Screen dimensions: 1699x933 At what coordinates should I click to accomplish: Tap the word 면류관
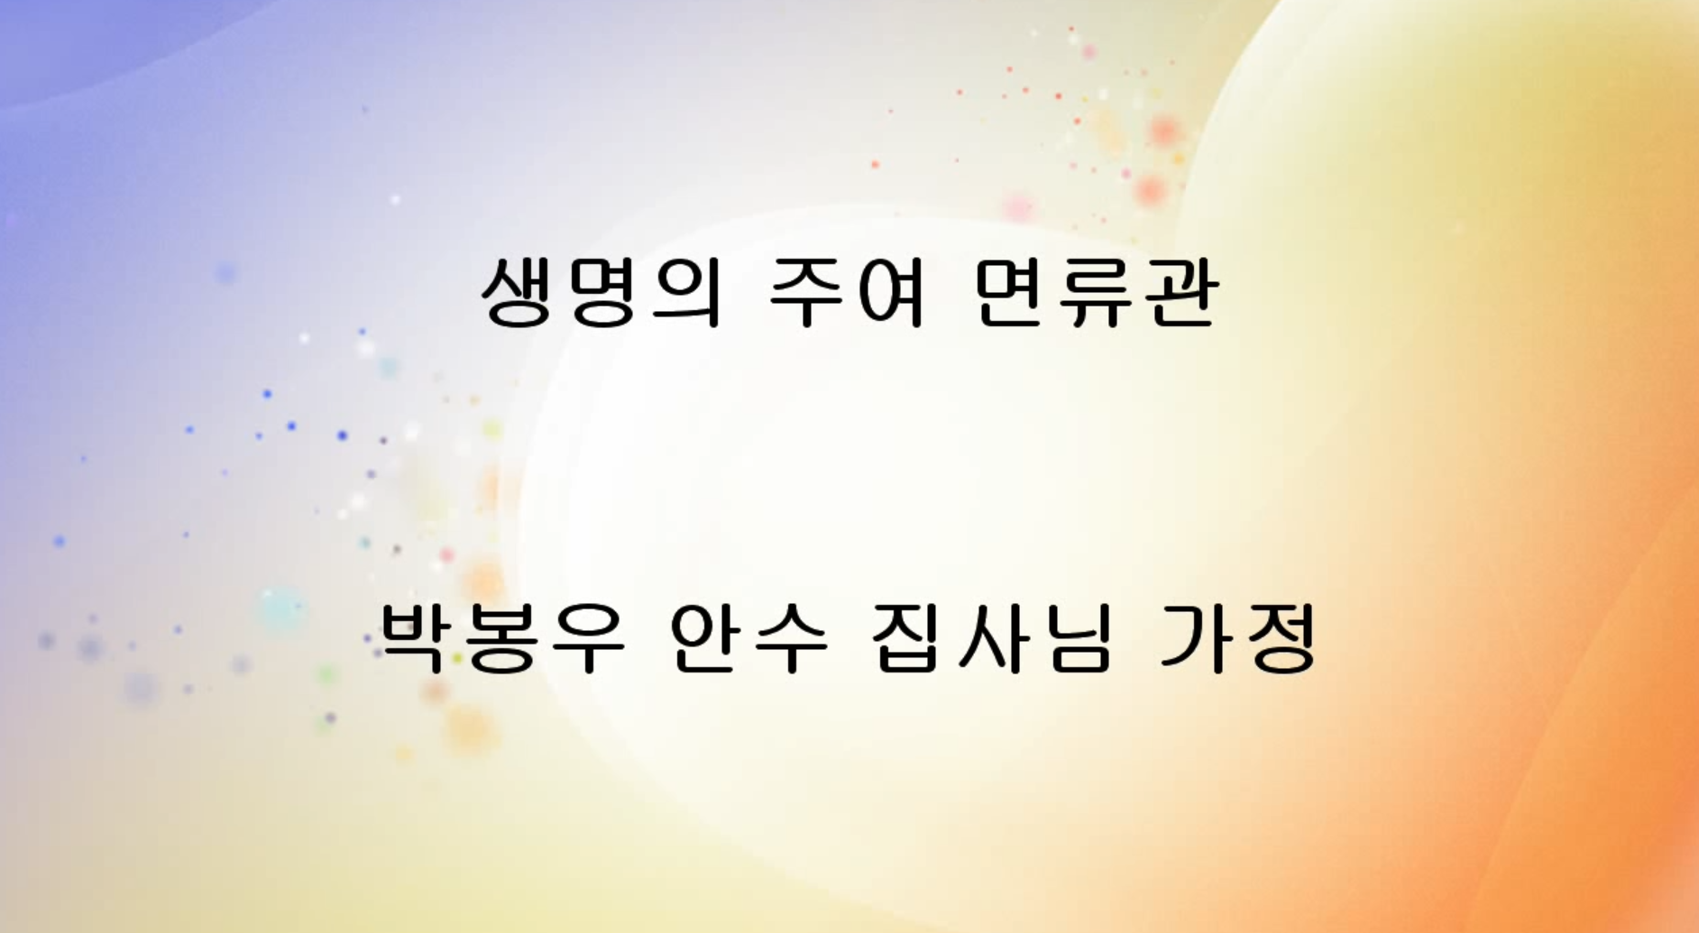click(1097, 292)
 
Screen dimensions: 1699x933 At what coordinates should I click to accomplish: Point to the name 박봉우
click(501, 639)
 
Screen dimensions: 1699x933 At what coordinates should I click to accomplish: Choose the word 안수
click(748, 639)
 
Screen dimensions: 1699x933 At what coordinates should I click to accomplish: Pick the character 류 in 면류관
click(1097, 292)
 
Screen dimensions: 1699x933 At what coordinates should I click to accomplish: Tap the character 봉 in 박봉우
click(501, 639)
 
